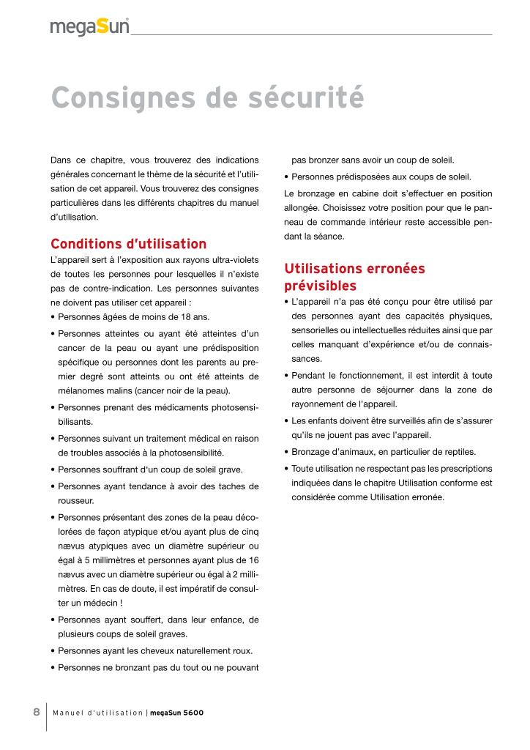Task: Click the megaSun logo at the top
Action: click(x=89, y=28)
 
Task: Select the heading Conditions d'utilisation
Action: click(x=128, y=244)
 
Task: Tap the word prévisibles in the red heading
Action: click(x=320, y=286)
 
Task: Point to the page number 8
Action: click(x=36, y=712)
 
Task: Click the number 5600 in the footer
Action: click(x=193, y=713)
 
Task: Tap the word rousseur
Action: click(x=75, y=500)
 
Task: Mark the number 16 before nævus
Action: click(x=253, y=560)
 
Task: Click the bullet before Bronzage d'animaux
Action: click(x=285, y=452)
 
